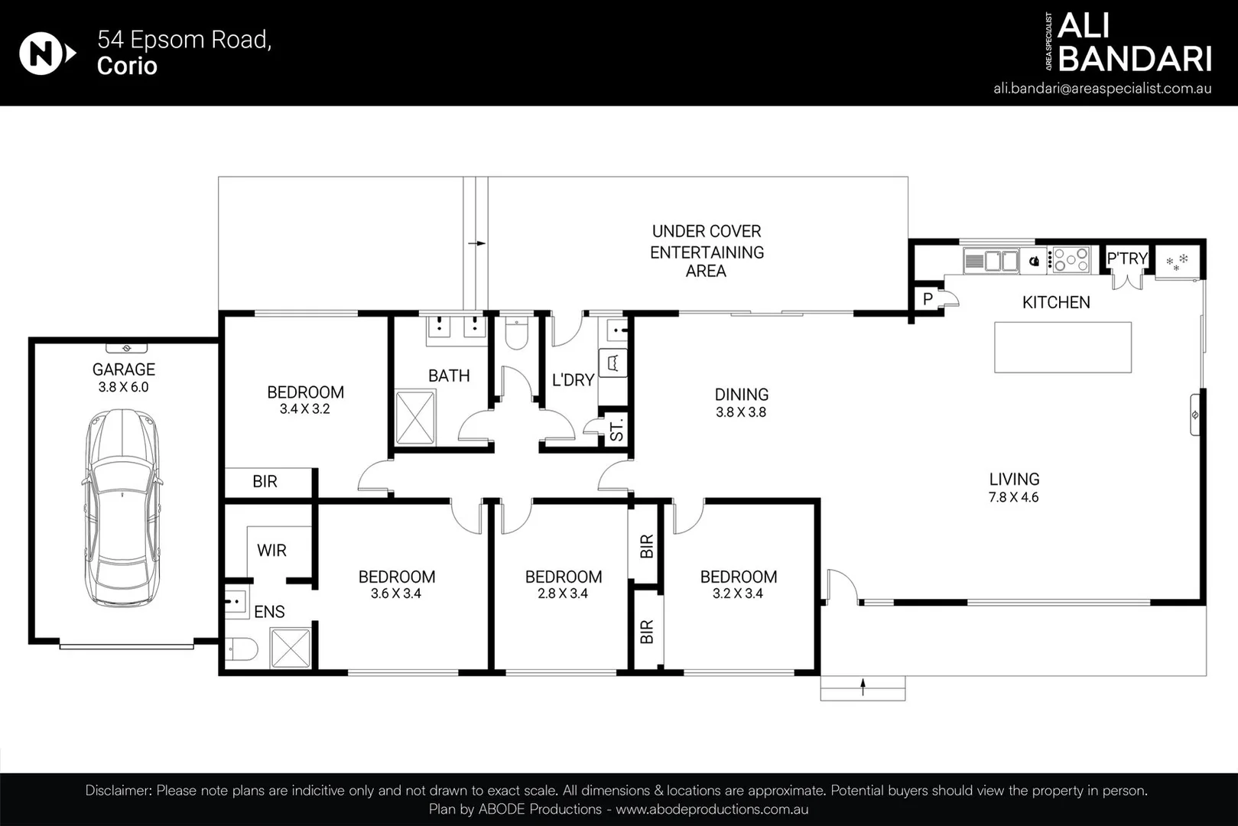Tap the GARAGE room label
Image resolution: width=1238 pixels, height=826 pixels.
point(124,369)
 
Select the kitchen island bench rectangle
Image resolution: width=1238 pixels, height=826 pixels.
point(1062,347)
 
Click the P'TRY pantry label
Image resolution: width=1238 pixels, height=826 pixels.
point(1126,259)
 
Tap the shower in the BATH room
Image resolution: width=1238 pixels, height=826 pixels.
point(415,417)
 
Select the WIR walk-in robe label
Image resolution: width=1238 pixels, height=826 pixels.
point(271,551)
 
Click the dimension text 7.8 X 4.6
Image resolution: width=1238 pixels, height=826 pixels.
point(1013,497)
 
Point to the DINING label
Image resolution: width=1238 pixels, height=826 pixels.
point(741,395)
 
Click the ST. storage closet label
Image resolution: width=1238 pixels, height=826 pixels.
point(616,429)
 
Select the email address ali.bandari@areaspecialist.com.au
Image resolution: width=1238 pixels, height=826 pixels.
point(1102,88)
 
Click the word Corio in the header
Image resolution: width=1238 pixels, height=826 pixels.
point(127,66)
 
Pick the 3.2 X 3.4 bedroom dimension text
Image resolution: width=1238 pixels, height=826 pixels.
point(738,593)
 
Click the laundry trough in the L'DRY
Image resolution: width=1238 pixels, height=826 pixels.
point(614,363)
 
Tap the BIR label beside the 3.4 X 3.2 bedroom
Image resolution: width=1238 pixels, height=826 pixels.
point(265,482)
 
